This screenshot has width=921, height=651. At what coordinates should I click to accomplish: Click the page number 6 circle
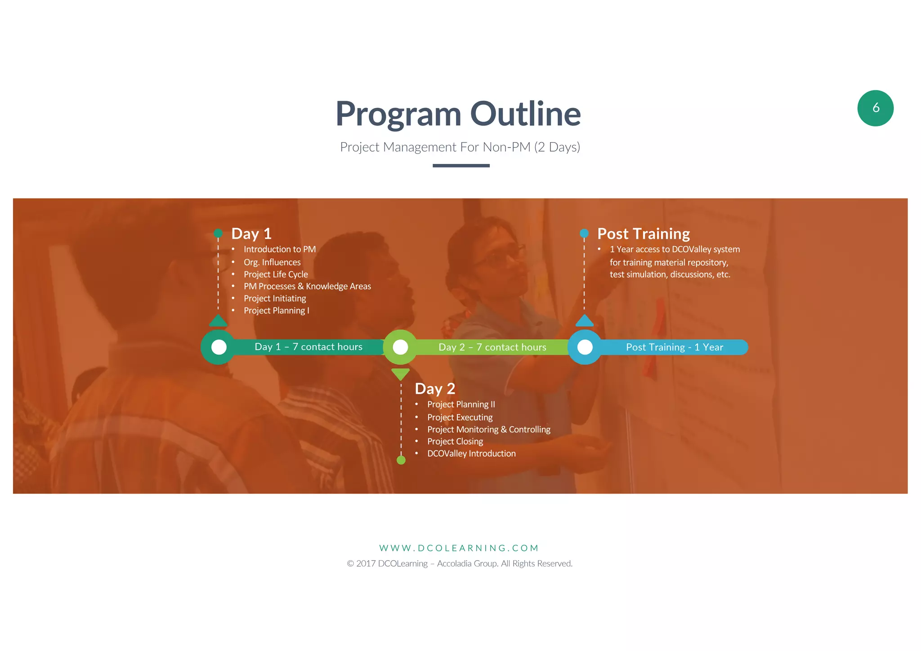click(875, 108)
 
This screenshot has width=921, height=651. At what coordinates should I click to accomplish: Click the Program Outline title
click(458, 113)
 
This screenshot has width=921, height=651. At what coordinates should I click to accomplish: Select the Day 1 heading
click(251, 233)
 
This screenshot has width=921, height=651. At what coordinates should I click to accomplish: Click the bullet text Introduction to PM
click(279, 249)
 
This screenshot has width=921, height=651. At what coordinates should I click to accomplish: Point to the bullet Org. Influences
click(272, 262)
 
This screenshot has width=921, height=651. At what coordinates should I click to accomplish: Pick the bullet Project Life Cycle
click(275, 274)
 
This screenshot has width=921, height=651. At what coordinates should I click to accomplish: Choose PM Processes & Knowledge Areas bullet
click(307, 287)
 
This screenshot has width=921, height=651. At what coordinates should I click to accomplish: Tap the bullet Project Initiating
click(274, 299)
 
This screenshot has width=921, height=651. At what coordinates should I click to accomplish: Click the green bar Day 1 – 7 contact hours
click(308, 347)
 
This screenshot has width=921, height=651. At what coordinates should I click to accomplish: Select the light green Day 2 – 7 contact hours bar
click(492, 347)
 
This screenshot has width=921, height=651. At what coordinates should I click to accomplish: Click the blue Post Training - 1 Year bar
click(674, 347)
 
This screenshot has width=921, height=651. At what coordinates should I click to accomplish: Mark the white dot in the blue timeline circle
click(585, 347)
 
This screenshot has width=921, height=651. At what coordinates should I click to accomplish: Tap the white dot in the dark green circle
click(219, 347)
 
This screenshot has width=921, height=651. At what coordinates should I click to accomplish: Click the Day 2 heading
click(434, 389)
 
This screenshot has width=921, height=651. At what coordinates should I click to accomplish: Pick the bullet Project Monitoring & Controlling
click(488, 430)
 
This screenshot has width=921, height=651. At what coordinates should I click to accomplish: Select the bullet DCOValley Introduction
click(471, 454)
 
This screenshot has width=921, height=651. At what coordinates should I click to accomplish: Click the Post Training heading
click(643, 234)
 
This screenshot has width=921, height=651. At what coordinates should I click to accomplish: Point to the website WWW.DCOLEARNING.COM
click(459, 548)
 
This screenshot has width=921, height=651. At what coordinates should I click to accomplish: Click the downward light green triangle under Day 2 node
click(400, 373)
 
